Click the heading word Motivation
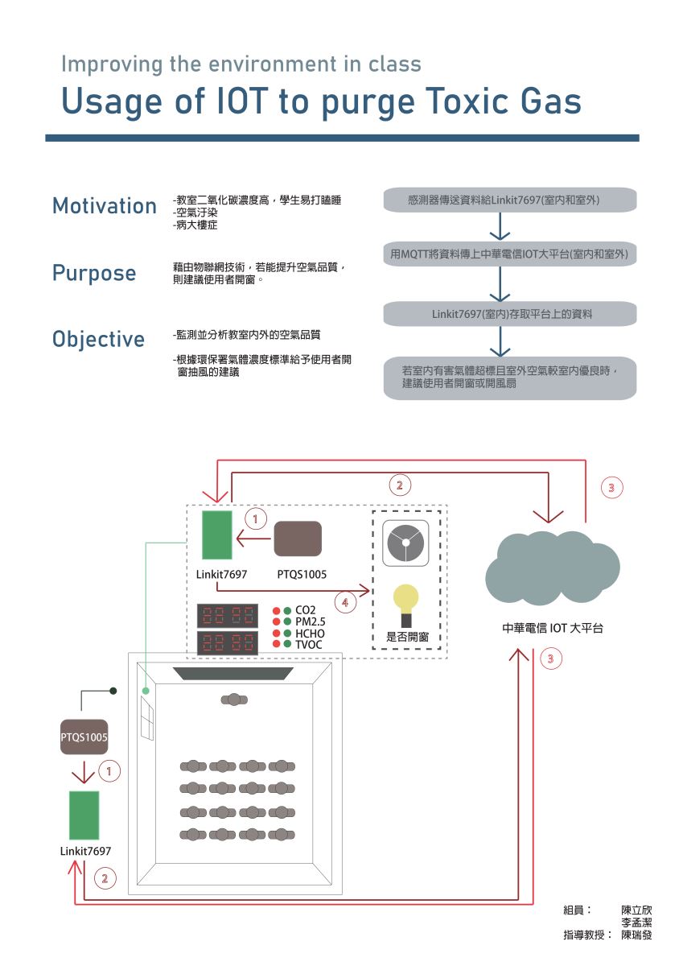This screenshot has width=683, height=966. point(105,206)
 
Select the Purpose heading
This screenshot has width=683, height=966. point(94,273)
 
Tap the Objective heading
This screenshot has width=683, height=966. point(99,339)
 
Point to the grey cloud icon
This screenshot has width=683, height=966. point(552,567)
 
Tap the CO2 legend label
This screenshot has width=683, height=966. point(306,610)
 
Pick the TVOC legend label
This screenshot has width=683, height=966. point(308,645)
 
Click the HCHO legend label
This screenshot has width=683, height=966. point(310,634)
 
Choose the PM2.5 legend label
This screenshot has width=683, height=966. point(310,621)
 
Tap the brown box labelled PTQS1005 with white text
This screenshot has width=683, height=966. point(84,737)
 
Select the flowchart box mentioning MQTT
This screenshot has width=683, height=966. point(510,254)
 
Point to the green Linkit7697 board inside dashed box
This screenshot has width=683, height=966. point(217,535)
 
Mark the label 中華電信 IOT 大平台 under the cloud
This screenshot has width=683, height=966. point(553,628)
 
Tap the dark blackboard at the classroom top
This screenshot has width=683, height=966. point(233,673)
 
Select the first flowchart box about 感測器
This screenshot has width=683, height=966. point(510,199)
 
